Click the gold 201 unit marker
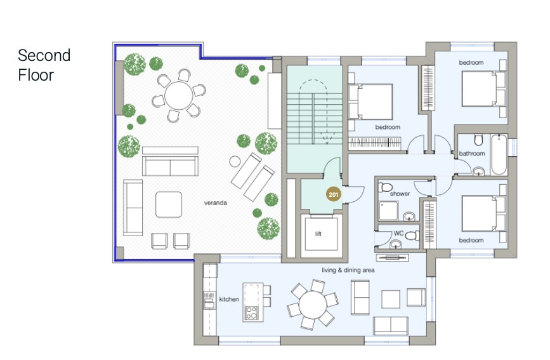[x=333, y=194]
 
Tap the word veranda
[x=216, y=203]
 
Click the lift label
[x=318, y=234]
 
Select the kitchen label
[x=229, y=299]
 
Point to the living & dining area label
[x=348, y=270]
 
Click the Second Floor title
[x=44, y=65]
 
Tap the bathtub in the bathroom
[x=499, y=155]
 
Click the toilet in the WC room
[x=413, y=235]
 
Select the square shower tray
[x=389, y=211]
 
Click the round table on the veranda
[x=178, y=95]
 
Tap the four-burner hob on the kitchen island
[x=251, y=313]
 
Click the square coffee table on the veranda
[x=168, y=204]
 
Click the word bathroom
[x=472, y=154]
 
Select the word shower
[x=400, y=194]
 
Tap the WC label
[x=398, y=233]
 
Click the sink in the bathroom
[x=478, y=171]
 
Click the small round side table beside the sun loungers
[x=235, y=161]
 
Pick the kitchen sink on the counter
[x=209, y=301]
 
